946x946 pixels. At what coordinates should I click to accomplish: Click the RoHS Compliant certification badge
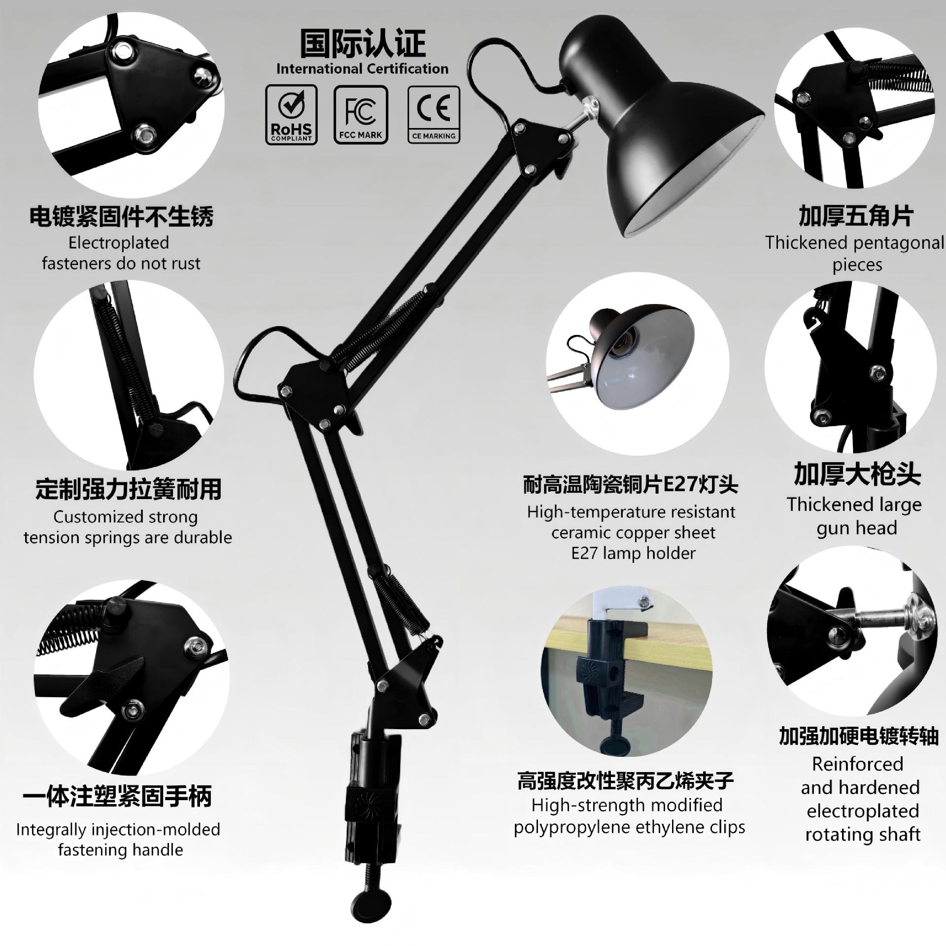pyautogui.click(x=291, y=114)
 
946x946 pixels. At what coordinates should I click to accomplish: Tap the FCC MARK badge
pyautogui.click(x=361, y=115)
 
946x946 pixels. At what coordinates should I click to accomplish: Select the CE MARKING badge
pyautogui.click(x=434, y=115)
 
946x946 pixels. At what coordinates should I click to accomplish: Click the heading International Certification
pyautogui.click(x=362, y=68)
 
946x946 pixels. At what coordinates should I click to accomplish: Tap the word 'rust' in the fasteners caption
pyautogui.click(x=185, y=264)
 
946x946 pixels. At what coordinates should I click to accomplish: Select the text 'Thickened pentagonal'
pyautogui.click(x=854, y=243)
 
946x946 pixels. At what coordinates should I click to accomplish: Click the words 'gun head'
pyautogui.click(x=856, y=528)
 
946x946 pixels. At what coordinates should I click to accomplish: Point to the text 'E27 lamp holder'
pyautogui.click(x=633, y=553)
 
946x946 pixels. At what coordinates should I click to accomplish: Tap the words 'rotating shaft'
pyautogui.click(x=863, y=834)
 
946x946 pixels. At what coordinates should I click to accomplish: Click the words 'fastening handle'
pyautogui.click(x=120, y=850)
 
